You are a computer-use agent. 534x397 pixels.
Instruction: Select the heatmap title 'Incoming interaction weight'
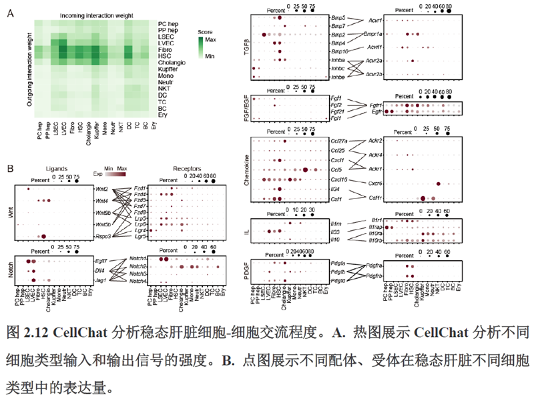pyautogui.click(x=96, y=14)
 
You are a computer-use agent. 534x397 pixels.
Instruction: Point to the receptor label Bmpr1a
pyautogui.click(x=372, y=33)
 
